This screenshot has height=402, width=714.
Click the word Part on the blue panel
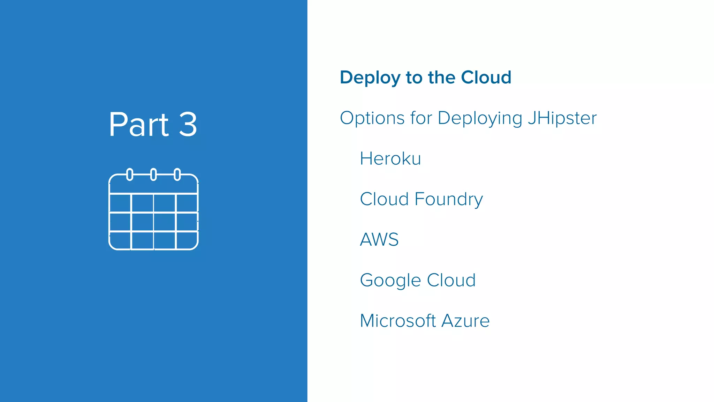pyautogui.click(x=139, y=125)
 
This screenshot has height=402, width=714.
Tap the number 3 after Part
pyautogui.click(x=188, y=125)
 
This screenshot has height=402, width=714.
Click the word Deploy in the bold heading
pyautogui.click(x=370, y=78)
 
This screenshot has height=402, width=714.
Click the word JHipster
pyautogui.click(x=562, y=118)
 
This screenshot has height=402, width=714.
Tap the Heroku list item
pyautogui.click(x=390, y=159)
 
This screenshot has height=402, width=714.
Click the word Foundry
pyautogui.click(x=449, y=200)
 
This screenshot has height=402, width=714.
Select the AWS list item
pyautogui.click(x=379, y=240)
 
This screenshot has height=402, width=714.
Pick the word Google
pyautogui.click(x=390, y=281)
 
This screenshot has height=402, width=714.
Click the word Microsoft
pyautogui.click(x=398, y=321)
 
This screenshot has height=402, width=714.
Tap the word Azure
pyautogui.click(x=465, y=321)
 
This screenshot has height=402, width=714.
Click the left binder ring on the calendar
pyautogui.click(x=130, y=174)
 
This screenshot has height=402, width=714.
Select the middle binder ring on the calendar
pyautogui.click(x=153, y=174)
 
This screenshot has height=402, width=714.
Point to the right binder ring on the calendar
pyautogui.click(x=177, y=174)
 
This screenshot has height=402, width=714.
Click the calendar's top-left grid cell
pyautogui.click(x=120, y=203)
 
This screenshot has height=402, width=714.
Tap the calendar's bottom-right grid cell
pyautogui.click(x=187, y=240)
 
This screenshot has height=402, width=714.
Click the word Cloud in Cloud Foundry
pyautogui.click(x=384, y=199)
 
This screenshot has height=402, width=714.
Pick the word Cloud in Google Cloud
pyautogui.click(x=451, y=280)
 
